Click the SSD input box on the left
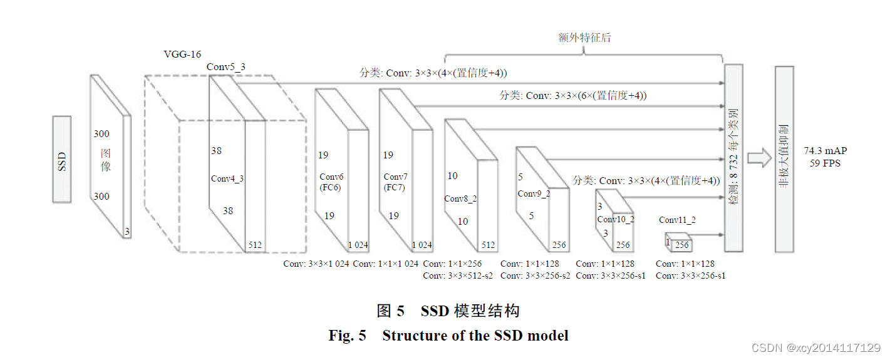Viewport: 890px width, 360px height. click(61, 159)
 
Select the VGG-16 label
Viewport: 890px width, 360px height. click(182, 54)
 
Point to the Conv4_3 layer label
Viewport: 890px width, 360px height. click(227, 178)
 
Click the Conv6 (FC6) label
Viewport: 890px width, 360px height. click(331, 182)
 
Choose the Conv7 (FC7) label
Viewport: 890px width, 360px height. click(395, 182)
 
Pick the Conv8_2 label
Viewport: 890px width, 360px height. click(461, 198)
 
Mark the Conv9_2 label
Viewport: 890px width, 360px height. click(534, 193)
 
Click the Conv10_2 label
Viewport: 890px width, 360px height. click(616, 219)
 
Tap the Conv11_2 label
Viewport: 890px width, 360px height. click(677, 220)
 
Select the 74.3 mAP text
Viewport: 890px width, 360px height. click(824, 151)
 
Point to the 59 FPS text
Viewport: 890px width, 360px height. click(824, 163)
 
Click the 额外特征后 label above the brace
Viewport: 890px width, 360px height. click(584, 38)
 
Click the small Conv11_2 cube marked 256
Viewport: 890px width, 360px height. click(679, 243)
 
